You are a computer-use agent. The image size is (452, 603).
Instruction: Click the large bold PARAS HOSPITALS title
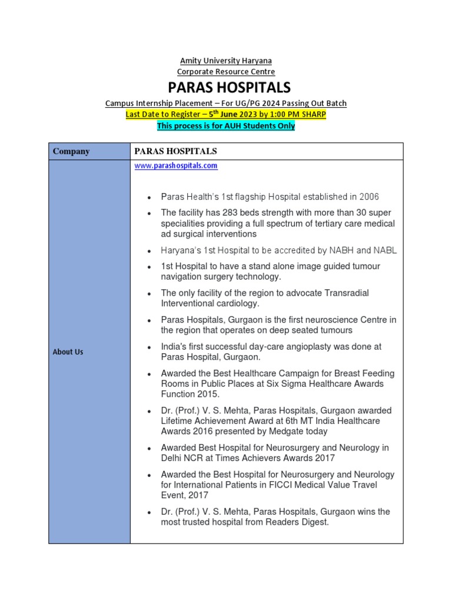pos(229,88)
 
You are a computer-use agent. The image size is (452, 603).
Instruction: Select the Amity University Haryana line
pos(226,61)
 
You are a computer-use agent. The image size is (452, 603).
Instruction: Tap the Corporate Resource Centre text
pos(226,71)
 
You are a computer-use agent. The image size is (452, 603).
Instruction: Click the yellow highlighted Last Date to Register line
pos(226,114)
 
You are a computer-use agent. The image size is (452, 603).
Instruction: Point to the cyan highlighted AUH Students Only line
pos(226,125)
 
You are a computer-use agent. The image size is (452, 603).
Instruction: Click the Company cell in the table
pos(71,151)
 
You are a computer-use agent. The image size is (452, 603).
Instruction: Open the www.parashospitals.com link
pos(176,166)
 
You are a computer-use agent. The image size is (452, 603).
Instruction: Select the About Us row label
pos(68,352)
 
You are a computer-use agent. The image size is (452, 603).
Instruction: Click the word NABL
pos(386,250)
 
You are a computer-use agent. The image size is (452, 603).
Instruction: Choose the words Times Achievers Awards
pos(284,458)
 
